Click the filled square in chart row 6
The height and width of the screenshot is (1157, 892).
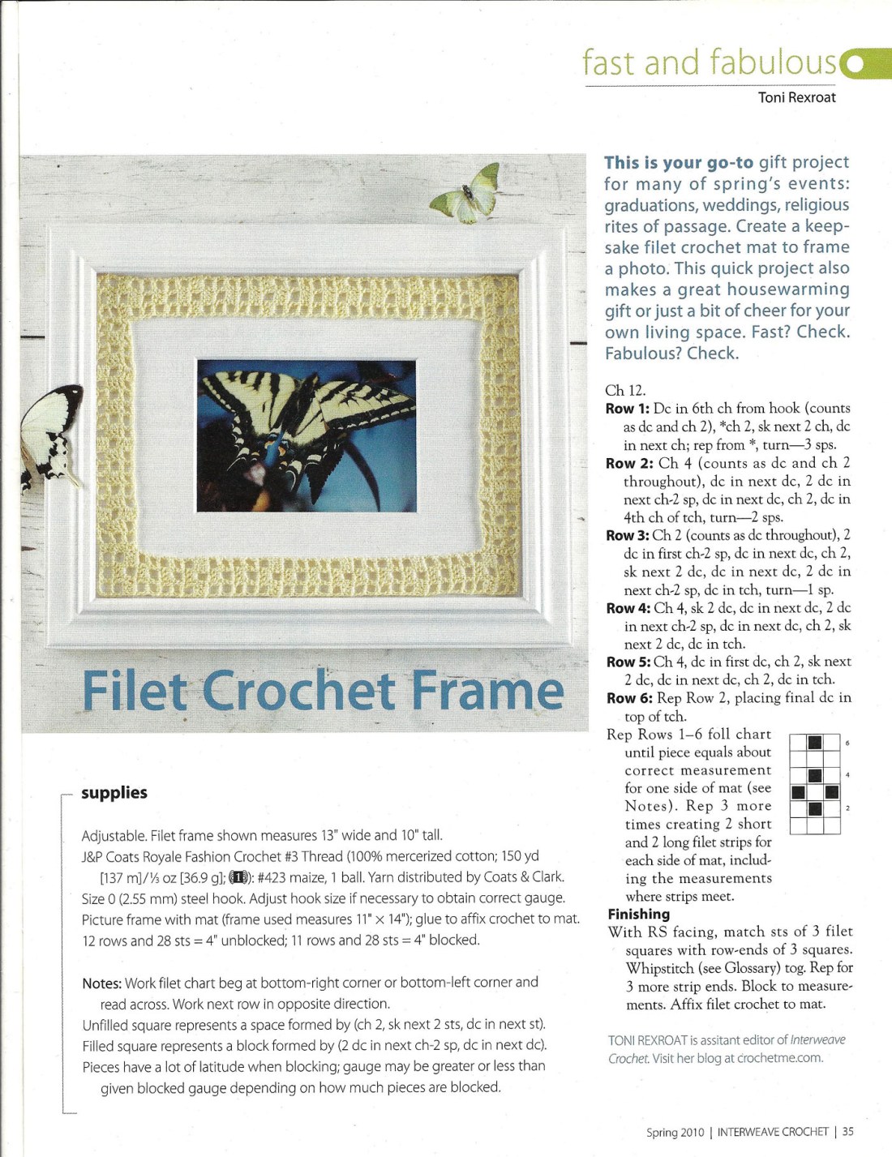coord(815,743)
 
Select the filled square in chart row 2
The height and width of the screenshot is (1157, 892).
coord(815,808)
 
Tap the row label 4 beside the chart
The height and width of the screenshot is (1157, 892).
coord(847,775)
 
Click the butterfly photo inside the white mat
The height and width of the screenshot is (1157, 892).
coord(306,435)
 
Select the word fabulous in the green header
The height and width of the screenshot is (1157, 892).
coord(773,62)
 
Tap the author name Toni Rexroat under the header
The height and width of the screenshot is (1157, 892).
coord(796,97)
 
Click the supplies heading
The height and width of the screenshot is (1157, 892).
coord(114,793)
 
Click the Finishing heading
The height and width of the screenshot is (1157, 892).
coord(639,915)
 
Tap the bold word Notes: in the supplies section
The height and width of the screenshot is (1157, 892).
coord(101,983)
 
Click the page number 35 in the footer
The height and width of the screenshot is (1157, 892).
coord(847,1132)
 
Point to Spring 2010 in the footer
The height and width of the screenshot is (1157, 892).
coord(675,1132)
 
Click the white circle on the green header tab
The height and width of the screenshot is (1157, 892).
coord(853,64)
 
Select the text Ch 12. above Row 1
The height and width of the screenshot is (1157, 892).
coord(625,391)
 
